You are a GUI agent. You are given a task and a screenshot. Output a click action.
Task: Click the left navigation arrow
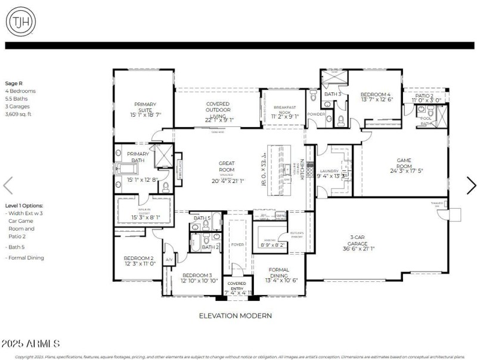8,185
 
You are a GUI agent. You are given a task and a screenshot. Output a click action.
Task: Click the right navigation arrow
470,185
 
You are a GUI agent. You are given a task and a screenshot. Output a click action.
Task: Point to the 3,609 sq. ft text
19,114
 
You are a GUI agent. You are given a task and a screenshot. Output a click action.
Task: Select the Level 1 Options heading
24,205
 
